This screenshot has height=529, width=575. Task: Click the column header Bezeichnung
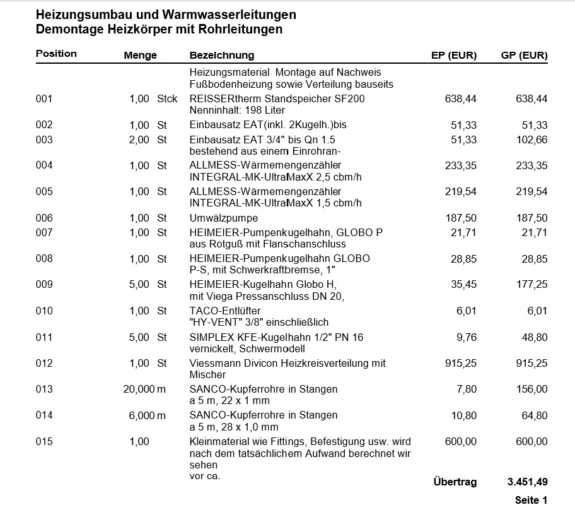coord(221,56)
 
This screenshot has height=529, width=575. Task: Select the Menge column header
coord(140,56)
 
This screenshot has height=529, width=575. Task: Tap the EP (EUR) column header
coord(453,56)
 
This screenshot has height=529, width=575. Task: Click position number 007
coord(44,232)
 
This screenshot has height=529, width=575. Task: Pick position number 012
coord(44,363)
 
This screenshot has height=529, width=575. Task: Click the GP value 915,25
coord(531,363)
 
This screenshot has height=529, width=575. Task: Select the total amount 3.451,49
coord(527,482)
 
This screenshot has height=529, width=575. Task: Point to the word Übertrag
coord(455,482)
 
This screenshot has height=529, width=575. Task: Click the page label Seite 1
coord(531,500)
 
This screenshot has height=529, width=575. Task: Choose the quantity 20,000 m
coord(144,389)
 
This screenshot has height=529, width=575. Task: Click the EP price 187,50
coord(461,218)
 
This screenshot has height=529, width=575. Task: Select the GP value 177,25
coord(531,285)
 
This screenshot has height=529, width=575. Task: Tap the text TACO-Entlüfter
coord(225,311)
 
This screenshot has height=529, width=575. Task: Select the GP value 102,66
coord(531,140)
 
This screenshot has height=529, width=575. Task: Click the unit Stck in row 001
coord(167,98)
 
